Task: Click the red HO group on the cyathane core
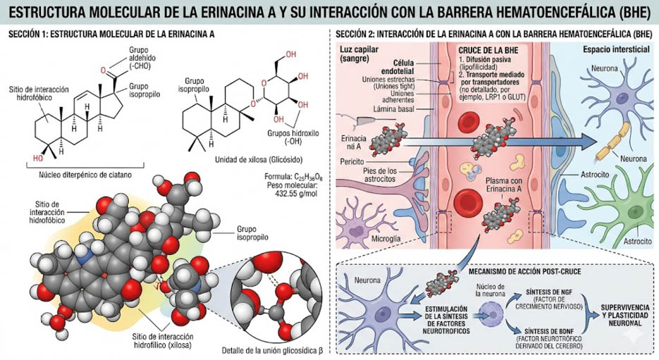38,158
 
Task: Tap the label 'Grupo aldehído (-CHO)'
139,58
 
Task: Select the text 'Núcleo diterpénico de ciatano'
85,175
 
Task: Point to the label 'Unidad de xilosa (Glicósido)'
259,160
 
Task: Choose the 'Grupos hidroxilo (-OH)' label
293,137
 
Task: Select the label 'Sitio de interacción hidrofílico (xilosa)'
163,341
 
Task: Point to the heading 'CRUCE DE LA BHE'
488,51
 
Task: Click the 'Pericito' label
352,161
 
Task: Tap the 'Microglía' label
386,239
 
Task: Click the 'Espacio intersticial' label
616,49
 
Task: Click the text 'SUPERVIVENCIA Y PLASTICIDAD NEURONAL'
624,315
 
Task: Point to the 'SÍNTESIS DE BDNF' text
548,330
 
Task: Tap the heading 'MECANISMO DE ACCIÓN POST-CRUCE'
524,271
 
